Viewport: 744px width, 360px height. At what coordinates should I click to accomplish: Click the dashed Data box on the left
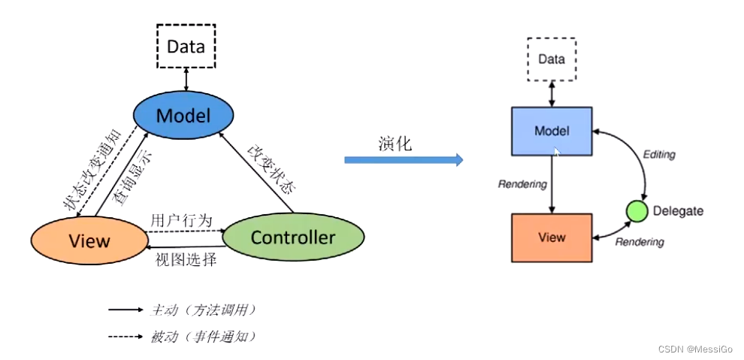point(186,46)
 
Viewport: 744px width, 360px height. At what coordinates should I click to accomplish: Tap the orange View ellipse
point(89,240)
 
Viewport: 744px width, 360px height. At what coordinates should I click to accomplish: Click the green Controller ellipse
point(293,237)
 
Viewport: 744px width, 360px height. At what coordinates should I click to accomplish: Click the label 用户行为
point(176,220)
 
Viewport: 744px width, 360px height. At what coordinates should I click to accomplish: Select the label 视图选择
point(186,260)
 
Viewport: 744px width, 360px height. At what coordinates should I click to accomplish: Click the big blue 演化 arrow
point(403,159)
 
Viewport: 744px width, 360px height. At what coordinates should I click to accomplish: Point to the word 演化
point(394,144)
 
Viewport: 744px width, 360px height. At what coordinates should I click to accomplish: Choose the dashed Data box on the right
point(551,59)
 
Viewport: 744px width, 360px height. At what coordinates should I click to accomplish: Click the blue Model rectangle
point(551,131)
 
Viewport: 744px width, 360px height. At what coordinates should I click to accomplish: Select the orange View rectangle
point(551,237)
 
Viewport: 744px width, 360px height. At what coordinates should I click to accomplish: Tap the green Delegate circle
point(637,211)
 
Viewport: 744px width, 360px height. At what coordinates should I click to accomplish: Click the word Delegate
point(678,211)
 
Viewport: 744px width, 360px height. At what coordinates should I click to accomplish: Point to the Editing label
point(659,155)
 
